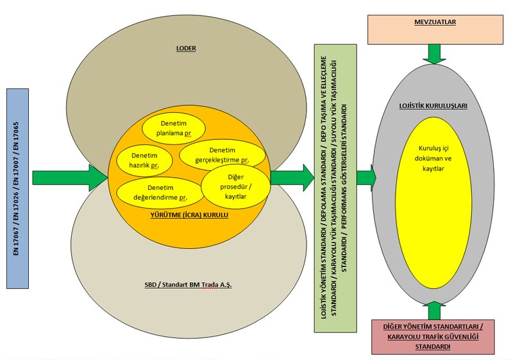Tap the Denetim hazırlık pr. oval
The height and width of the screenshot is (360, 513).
[145, 160]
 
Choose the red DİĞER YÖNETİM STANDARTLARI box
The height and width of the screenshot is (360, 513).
[433, 336]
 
